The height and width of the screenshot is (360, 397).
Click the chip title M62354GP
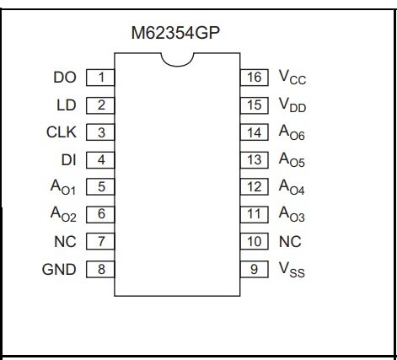point(175,33)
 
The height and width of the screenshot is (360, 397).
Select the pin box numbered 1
point(100,78)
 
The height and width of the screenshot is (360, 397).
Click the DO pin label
point(65,78)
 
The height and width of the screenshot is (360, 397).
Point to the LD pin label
point(67,105)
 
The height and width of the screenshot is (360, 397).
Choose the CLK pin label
point(62,132)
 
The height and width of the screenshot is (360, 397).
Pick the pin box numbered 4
point(100,160)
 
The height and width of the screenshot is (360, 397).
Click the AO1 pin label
point(63,187)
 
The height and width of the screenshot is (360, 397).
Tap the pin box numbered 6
point(100,214)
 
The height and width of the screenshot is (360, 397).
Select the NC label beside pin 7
point(65,241)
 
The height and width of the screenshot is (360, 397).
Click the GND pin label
point(59,270)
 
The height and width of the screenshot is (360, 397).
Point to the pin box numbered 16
point(255,78)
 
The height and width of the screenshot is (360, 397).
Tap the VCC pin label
point(292,77)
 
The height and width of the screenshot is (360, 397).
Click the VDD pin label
point(292,105)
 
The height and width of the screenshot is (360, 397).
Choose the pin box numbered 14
point(255,132)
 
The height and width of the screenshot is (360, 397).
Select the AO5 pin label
point(292,160)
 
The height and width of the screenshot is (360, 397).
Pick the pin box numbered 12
point(255,187)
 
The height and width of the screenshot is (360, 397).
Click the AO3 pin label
point(292,214)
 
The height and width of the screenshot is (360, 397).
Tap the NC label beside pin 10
point(290,241)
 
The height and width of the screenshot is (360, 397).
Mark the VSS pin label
point(292,270)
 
